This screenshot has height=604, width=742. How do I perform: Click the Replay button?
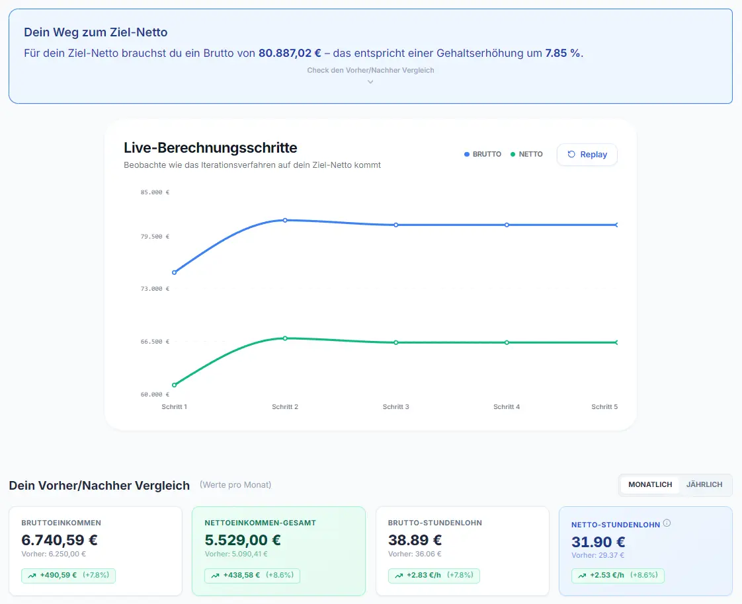pyautogui.click(x=587, y=155)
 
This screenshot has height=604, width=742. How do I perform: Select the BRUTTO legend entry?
pyautogui.click(x=483, y=154)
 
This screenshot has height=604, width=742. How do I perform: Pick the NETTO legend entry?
pyautogui.click(x=526, y=154)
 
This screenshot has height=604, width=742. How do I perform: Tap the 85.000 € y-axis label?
pyautogui.click(x=155, y=192)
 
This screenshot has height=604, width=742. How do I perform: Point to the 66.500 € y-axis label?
pyautogui.click(x=155, y=342)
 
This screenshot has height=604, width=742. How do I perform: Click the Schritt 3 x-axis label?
pyautogui.click(x=395, y=407)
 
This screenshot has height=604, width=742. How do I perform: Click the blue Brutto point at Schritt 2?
pyautogui.click(x=285, y=221)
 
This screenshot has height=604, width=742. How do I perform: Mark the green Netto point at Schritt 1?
pyautogui.click(x=174, y=385)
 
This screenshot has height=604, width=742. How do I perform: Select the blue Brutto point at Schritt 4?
pyautogui.click(x=507, y=225)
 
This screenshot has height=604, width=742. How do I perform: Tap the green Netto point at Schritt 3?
pyautogui.click(x=396, y=342)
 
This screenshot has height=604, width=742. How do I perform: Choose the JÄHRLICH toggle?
pyautogui.click(x=704, y=485)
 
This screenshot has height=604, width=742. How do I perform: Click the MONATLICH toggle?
pyautogui.click(x=649, y=485)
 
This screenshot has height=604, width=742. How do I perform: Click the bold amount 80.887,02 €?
pyautogui.click(x=290, y=53)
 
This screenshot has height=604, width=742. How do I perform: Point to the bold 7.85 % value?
pyautogui.click(x=563, y=53)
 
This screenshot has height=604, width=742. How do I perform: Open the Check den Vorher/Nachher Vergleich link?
pyautogui.click(x=370, y=71)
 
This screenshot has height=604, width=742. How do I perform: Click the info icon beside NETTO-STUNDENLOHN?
pyautogui.click(x=667, y=523)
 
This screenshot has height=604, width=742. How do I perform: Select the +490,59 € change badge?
pyautogui.click(x=68, y=576)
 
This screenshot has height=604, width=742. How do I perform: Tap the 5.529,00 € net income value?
pyautogui.click(x=243, y=540)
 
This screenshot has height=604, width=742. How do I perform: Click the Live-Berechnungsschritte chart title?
pyautogui.click(x=210, y=147)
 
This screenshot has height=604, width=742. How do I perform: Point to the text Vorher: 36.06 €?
pyautogui.click(x=415, y=554)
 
